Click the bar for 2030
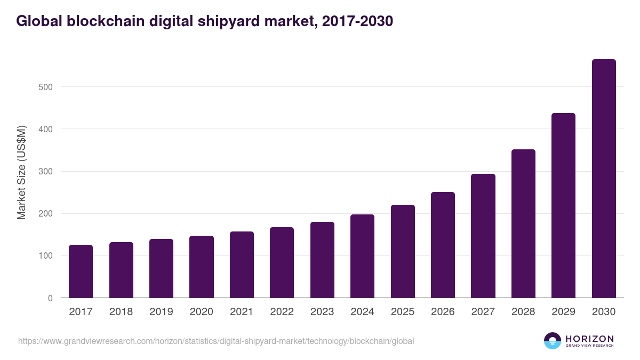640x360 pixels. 604,179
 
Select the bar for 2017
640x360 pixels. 81,271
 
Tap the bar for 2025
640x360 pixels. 403,251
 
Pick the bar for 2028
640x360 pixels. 523,223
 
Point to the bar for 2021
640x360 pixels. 242,265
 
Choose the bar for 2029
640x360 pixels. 563,205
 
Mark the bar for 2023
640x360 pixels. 322,260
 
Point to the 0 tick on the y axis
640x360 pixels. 50,298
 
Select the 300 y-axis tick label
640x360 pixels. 46,172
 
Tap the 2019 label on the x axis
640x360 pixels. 161,312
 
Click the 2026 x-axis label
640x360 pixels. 443,312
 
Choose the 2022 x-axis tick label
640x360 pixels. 282,312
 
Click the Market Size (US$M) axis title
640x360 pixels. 21,172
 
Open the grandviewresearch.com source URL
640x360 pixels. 216,341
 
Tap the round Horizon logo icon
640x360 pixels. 553,341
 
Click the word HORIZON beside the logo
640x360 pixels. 589,338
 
